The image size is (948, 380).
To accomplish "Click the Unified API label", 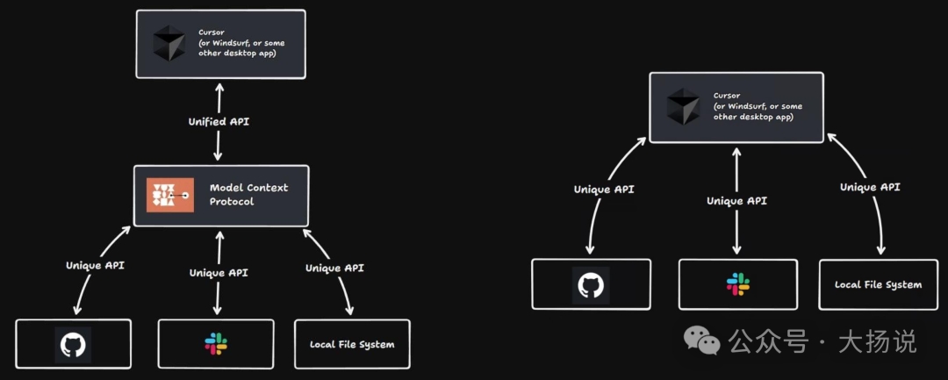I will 219,122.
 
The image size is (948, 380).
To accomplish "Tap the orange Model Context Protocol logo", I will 170,195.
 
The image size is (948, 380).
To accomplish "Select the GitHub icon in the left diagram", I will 73,345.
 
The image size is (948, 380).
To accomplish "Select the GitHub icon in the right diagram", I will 591,284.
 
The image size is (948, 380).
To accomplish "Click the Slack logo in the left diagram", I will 216,344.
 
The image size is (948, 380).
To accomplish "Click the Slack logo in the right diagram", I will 737,283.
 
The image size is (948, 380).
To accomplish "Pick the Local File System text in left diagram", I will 352,345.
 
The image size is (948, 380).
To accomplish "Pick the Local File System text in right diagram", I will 878,284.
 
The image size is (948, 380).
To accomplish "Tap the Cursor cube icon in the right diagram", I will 684,106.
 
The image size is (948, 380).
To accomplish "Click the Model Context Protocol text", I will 248,195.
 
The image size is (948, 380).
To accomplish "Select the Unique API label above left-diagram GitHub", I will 95,265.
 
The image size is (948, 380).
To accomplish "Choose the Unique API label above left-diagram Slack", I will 219,273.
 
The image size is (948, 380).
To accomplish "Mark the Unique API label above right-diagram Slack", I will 736,201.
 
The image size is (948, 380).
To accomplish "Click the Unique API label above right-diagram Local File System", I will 869,187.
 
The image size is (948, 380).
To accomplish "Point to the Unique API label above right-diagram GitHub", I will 603,190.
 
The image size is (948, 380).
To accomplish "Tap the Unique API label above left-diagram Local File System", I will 334,268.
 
